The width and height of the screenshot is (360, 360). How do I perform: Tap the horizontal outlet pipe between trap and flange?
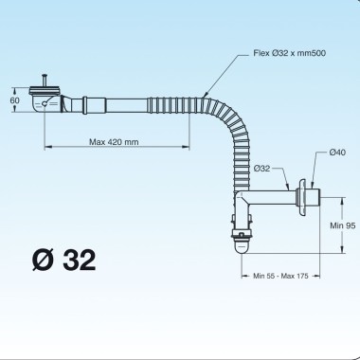(x=272, y=200)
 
